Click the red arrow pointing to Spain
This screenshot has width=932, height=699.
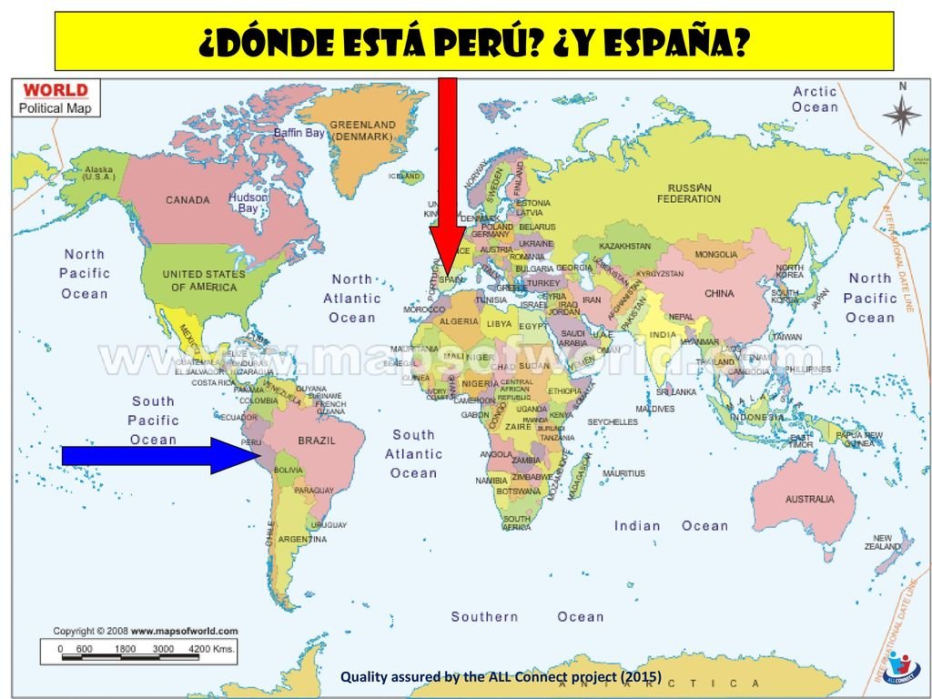447,173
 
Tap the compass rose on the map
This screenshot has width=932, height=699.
902,114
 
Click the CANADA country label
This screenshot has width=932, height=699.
187,200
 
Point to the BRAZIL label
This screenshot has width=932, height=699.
317,441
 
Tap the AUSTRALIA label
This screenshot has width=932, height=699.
809,499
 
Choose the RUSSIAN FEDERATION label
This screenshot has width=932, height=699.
689,193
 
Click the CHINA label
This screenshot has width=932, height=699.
719,294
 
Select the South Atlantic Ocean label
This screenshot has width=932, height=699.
414,453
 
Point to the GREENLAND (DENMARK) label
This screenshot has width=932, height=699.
362,130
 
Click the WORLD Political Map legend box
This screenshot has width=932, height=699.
56,98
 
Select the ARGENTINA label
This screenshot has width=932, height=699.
302,540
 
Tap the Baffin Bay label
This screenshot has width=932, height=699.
299,133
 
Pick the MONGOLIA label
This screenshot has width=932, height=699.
716,255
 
